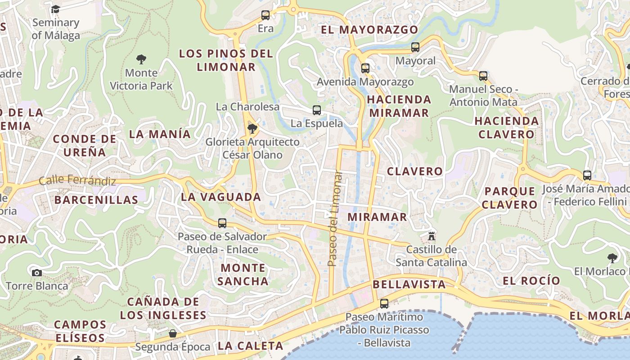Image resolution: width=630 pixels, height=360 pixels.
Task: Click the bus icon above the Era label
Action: [x=265, y=15]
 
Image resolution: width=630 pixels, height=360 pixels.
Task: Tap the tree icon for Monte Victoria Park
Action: [x=141, y=59]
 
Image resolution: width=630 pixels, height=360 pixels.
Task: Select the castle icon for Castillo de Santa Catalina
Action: [x=432, y=236]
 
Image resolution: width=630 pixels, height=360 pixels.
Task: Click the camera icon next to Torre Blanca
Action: [x=37, y=273]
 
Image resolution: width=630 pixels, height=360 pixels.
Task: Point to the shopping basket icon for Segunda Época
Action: [x=173, y=333]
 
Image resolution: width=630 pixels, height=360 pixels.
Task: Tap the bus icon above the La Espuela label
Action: [x=317, y=110]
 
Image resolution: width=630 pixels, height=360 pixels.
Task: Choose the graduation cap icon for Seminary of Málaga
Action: [x=55, y=9]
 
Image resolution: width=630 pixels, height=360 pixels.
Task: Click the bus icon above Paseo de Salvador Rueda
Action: [x=222, y=223]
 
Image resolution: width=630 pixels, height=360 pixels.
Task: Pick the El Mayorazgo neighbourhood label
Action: [x=369, y=30]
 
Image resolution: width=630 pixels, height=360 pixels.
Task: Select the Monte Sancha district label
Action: [x=243, y=274]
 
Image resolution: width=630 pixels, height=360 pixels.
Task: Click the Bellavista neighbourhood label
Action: [x=409, y=284]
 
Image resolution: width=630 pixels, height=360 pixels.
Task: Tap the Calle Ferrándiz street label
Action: [x=77, y=180]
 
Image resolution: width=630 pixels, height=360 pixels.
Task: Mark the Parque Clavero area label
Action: [x=510, y=198]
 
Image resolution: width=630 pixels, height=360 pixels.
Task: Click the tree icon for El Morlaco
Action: [x=612, y=258]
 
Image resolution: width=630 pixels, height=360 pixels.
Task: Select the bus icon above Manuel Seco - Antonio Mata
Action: [x=483, y=76]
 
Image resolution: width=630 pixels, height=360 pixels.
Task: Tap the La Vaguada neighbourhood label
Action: [x=221, y=197]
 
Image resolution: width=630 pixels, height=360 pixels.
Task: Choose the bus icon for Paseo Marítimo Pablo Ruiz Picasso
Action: [x=384, y=304]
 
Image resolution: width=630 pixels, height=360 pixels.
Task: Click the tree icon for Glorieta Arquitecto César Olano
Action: [x=252, y=129]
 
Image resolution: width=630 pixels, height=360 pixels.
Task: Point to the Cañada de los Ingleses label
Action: [x=163, y=308]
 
